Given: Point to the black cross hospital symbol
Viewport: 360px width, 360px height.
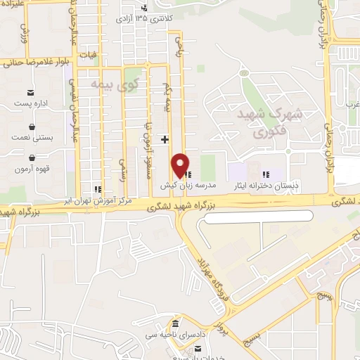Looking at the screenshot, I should click(x=165, y=139).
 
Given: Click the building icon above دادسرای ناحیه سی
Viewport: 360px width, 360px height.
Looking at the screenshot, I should click(x=174, y=323).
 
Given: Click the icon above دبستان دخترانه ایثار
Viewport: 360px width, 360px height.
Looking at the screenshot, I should click(x=265, y=174).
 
